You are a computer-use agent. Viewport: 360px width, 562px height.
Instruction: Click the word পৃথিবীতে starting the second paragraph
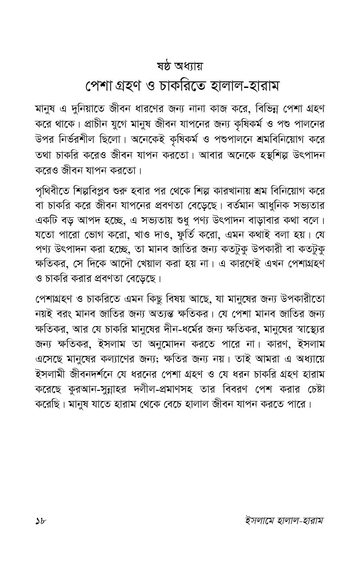pos(55,192)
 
